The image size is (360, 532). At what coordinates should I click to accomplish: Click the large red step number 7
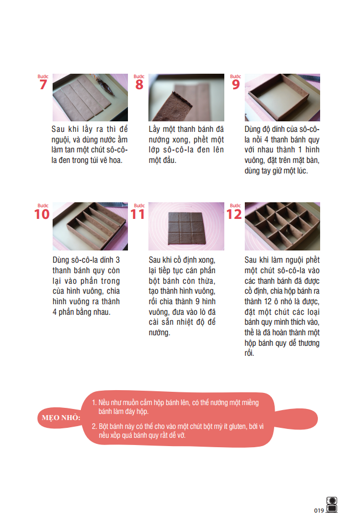43,85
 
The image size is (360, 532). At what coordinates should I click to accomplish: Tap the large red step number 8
139,85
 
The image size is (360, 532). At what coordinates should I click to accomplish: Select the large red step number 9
235,85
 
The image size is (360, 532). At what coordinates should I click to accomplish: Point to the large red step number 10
42,214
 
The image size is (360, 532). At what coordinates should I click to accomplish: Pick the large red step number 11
138,214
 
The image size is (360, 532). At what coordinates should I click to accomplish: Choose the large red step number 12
234,214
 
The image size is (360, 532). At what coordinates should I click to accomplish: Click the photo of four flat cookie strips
83,98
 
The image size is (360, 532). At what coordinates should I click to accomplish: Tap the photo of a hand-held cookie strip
186,98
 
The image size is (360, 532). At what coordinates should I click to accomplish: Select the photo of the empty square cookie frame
282,98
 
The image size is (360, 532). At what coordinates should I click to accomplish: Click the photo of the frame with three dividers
90,226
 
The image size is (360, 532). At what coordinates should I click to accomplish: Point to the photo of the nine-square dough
186,226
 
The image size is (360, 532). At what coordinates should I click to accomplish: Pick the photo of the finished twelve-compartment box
282,226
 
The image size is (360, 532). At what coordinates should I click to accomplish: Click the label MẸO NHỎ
61,417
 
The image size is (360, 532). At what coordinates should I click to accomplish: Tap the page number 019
318,510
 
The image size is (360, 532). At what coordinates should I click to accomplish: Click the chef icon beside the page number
332,504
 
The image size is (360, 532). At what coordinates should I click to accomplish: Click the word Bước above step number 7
43,76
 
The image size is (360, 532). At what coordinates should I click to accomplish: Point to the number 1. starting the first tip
94,403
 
